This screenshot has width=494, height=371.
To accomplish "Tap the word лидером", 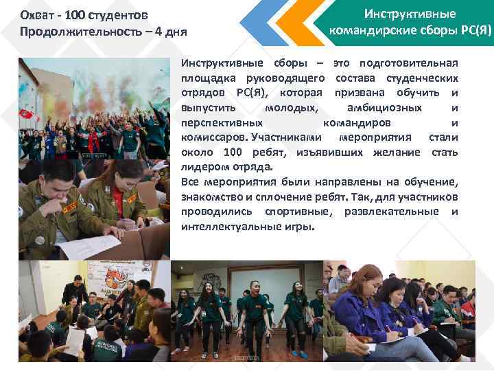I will (202, 167).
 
